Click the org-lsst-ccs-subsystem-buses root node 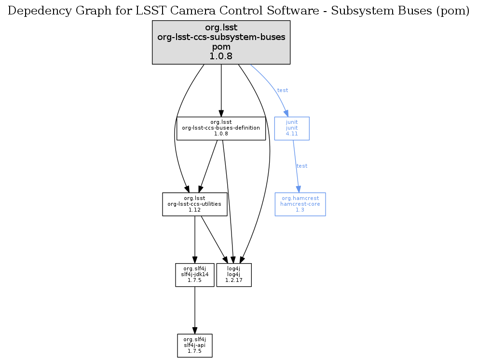coord(221,42)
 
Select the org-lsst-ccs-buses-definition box coord(221,128)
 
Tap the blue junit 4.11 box coord(292,128)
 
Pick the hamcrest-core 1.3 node coord(300,204)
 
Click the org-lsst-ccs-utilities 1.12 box coord(194,204)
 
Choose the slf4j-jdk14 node coord(194,275)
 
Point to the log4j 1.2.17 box coord(234,275)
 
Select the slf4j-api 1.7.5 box coord(194,345)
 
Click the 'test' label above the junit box coord(283,90)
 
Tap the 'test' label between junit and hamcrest coord(302,166)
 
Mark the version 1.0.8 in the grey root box coord(221,56)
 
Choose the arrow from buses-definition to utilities coord(208,166)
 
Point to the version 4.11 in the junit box coord(292,134)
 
